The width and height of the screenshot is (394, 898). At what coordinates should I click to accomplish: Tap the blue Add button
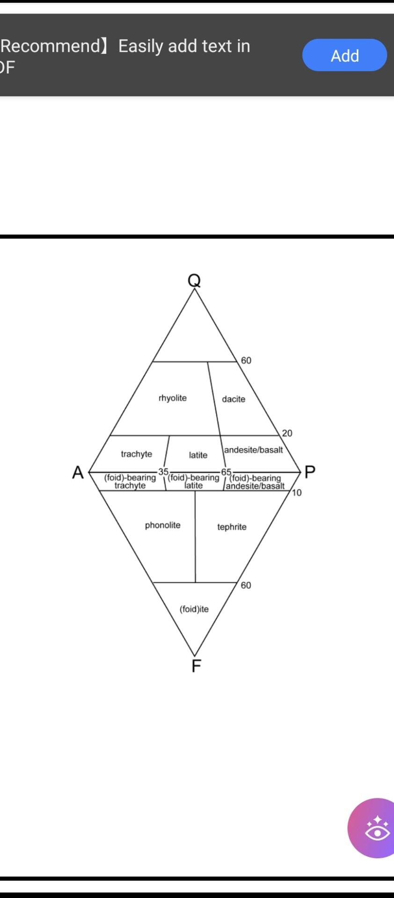coord(344,55)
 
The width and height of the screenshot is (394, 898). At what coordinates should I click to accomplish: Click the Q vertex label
coord(194,280)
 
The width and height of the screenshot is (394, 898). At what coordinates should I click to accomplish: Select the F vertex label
coord(196,666)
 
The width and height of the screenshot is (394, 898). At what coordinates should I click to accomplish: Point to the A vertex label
coord(78,472)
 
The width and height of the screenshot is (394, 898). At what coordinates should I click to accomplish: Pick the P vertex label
coord(310,472)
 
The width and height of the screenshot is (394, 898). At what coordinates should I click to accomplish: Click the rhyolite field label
coord(173,398)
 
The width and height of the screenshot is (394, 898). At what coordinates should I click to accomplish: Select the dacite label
coord(233,399)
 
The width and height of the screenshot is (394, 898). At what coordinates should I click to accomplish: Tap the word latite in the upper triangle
coord(198,455)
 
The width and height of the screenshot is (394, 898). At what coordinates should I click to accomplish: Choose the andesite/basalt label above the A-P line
coord(253,450)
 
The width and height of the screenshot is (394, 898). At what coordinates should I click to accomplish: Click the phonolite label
coord(162,525)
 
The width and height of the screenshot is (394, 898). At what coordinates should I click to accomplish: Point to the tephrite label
coord(232,527)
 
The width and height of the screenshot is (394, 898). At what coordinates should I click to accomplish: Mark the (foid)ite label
coord(194,609)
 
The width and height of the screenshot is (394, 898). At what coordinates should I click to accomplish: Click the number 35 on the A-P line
coord(163,472)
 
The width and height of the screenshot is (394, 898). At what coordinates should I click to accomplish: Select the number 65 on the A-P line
coord(226,472)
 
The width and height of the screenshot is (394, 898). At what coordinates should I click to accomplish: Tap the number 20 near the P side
coord(287,433)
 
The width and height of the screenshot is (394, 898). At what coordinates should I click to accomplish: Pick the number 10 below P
coord(297,492)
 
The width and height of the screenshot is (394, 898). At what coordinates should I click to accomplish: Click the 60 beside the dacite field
coord(246,360)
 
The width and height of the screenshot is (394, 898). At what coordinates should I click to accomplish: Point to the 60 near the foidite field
coord(246,585)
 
